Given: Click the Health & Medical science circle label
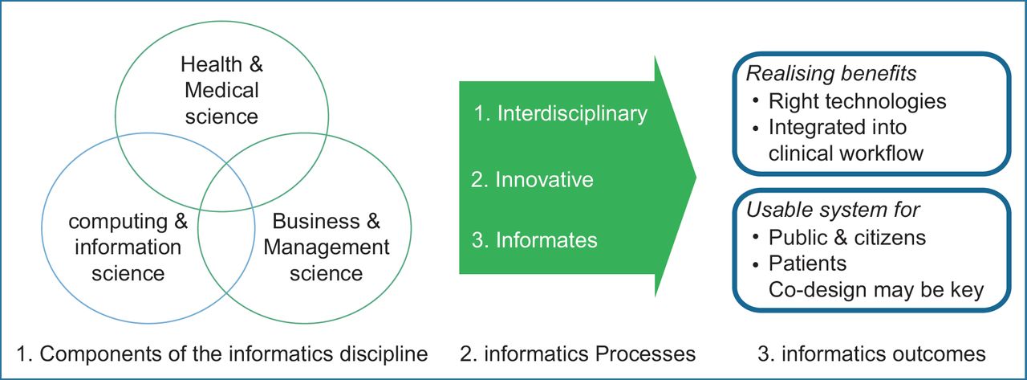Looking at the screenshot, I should click(221, 89).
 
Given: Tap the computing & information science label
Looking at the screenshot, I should click(128, 247).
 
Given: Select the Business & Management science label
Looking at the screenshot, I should click(326, 247).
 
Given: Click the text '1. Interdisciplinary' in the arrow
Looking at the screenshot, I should click(560, 113).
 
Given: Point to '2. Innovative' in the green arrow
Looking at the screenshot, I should click(533, 178).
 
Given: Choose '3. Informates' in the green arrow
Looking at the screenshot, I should click(534, 239).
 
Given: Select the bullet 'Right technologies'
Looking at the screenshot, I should click(857, 101).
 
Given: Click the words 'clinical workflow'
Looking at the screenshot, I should click(846, 153).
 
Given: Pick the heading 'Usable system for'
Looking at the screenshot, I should click(833, 210).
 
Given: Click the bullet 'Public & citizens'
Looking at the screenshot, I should click(846, 237).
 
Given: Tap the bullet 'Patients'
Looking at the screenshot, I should click(807, 263).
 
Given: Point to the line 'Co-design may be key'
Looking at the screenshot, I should click(875, 289).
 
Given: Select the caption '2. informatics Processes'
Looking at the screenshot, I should click(578, 353).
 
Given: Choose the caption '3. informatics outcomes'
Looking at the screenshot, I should click(872, 353).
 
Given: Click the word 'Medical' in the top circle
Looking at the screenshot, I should click(221, 89).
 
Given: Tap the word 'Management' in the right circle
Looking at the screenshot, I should click(326, 247).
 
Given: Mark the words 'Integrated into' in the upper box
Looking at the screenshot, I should click(838, 127).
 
